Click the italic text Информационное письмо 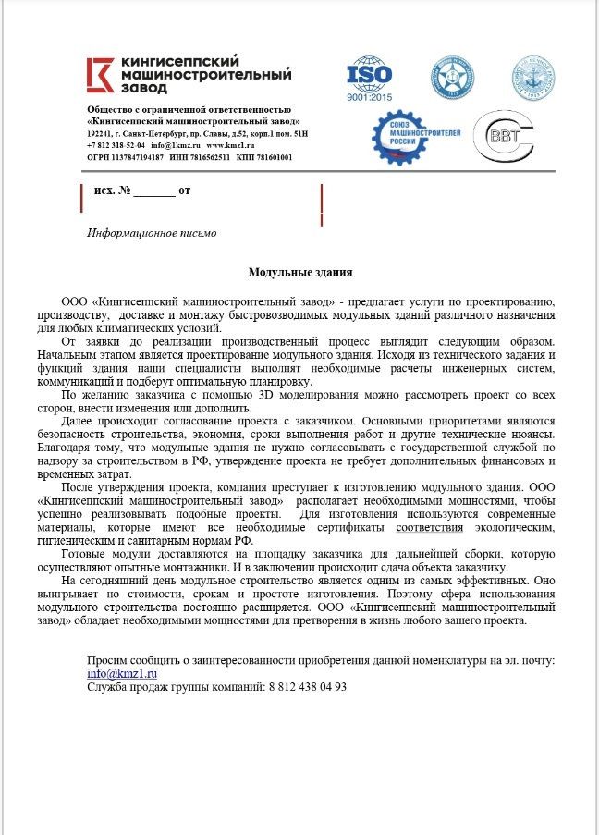[x=151, y=233]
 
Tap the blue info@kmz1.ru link [x=117, y=674]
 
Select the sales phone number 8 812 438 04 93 [x=307, y=687]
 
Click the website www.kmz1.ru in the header [x=230, y=146]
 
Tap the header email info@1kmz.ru [x=175, y=146]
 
